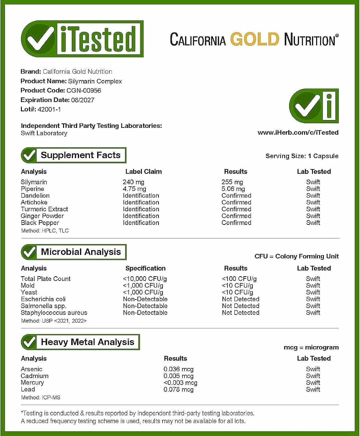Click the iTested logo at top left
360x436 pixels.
(x=82, y=39)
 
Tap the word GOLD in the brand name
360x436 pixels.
(x=255, y=39)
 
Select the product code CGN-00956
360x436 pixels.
(x=84, y=90)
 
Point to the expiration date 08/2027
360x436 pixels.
(x=83, y=100)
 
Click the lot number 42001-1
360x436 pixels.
(x=49, y=109)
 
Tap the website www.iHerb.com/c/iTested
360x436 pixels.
(x=298, y=133)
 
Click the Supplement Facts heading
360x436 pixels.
(x=80, y=155)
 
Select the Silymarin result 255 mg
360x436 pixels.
(x=232, y=182)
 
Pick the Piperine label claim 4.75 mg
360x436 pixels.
(x=134, y=189)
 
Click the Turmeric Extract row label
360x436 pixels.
(x=44, y=209)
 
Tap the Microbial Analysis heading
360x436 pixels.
(x=81, y=252)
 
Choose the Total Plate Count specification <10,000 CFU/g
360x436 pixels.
(x=145, y=279)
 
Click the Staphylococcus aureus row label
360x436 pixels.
(x=54, y=313)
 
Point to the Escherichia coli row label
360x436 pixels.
(x=43, y=299)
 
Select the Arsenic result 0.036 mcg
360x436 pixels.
(x=178, y=369)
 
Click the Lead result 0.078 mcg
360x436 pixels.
(x=178, y=389)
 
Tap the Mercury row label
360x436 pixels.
(x=32, y=383)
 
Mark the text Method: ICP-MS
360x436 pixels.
(x=40, y=397)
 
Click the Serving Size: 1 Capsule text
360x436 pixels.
(x=302, y=156)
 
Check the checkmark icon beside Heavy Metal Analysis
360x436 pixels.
(x=29, y=342)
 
